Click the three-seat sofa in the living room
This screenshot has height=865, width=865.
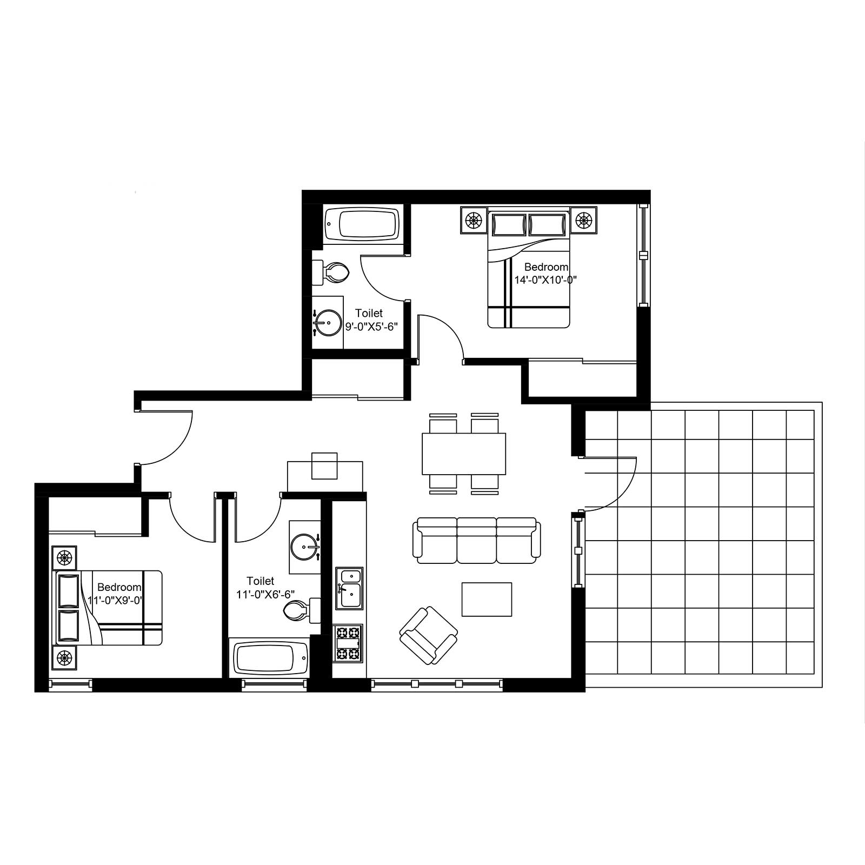[477, 541]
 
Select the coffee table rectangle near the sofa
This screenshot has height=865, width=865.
[487, 599]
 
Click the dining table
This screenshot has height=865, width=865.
[464, 454]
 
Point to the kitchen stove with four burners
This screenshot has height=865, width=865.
[349, 643]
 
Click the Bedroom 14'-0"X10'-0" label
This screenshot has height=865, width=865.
[546, 273]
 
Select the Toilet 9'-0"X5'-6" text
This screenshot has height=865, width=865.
[370, 320]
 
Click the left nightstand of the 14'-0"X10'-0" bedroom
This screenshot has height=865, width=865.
[474, 220]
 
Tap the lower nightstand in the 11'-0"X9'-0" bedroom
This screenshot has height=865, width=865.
[64, 658]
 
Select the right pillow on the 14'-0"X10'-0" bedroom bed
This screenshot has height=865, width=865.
[548, 224]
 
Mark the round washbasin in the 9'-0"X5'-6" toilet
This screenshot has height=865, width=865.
[327, 323]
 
